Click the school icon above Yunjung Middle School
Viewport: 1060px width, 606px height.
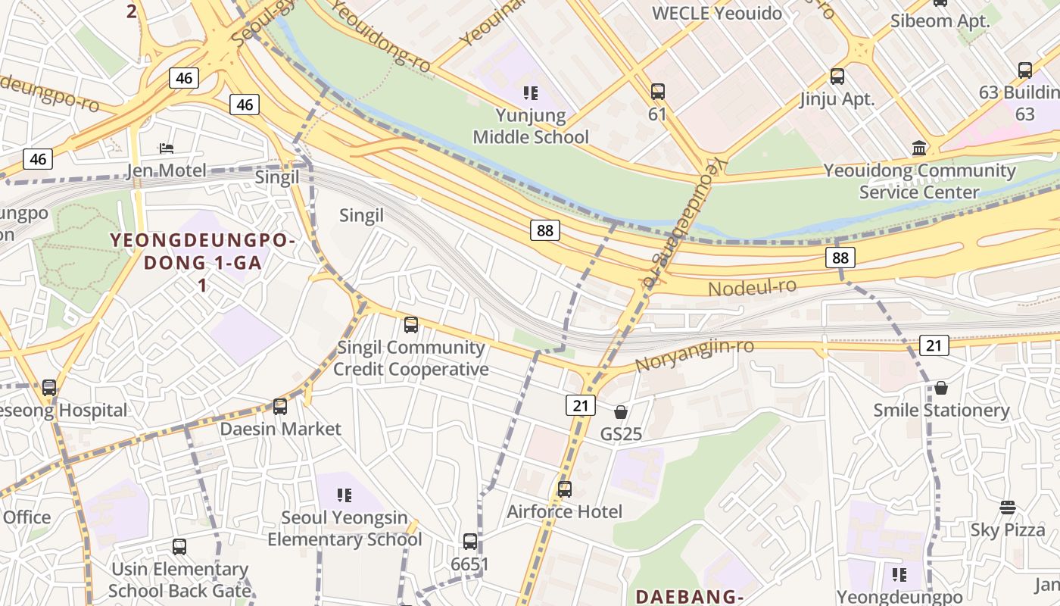coord(530,93)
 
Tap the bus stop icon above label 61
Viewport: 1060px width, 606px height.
coord(657,92)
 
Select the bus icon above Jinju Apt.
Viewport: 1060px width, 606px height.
coord(837,77)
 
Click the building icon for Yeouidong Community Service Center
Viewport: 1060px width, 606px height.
coord(919,148)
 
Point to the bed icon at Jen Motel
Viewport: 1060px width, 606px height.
coord(167,148)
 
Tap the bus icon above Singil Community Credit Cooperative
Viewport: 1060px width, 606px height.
coord(410,325)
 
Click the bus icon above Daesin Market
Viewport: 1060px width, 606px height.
coord(279,407)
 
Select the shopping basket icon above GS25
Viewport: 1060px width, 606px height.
coord(620,412)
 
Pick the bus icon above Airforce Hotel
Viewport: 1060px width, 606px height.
coord(564,489)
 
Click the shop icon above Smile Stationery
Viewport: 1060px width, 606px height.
coord(940,388)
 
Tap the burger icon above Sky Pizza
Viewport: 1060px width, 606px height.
coord(1007,508)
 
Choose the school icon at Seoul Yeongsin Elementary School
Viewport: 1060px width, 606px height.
coord(344,495)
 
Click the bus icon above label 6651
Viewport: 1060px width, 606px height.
coord(469,542)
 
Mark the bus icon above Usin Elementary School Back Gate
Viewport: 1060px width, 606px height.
coord(179,547)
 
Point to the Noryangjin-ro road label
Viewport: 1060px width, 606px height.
coord(694,355)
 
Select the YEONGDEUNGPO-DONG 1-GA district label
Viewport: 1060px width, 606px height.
coord(202,252)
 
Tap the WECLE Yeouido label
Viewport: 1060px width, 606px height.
coord(716,13)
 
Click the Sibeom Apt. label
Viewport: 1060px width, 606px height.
coord(940,20)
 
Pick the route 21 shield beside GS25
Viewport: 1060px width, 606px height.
coord(580,405)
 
